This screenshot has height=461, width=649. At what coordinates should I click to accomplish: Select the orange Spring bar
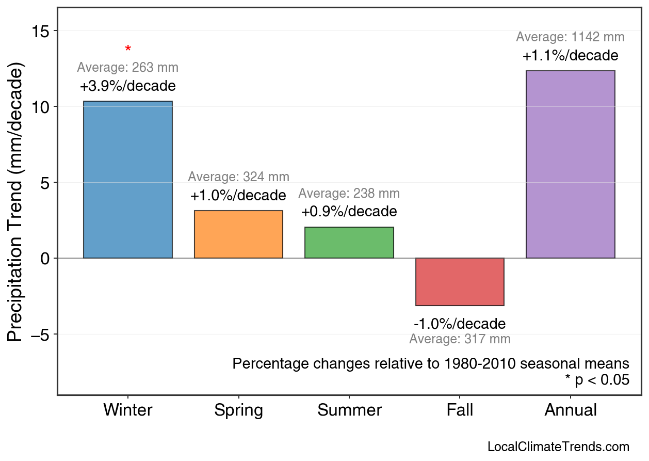(238, 234)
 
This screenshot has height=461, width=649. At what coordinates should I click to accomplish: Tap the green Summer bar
(349, 243)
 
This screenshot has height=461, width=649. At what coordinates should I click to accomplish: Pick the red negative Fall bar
(460, 282)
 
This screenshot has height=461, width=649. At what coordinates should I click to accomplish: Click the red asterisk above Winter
(128, 50)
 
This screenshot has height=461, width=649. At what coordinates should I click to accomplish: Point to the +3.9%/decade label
(127, 86)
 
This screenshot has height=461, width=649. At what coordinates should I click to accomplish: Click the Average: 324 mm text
(238, 177)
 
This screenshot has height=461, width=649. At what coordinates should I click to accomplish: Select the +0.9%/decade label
(349, 212)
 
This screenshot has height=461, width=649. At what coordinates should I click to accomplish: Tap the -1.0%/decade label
(460, 324)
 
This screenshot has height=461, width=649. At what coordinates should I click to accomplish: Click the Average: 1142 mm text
(570, 37)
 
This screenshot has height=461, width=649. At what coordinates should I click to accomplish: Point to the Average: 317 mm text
(460, 339)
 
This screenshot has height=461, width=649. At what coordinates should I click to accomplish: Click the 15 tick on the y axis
(42, 31)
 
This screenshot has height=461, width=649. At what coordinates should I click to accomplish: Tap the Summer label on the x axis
(349, 410)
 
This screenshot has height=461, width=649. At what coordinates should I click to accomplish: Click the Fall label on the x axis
(460, 410)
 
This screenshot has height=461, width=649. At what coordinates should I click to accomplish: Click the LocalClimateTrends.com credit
(558, 447)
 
